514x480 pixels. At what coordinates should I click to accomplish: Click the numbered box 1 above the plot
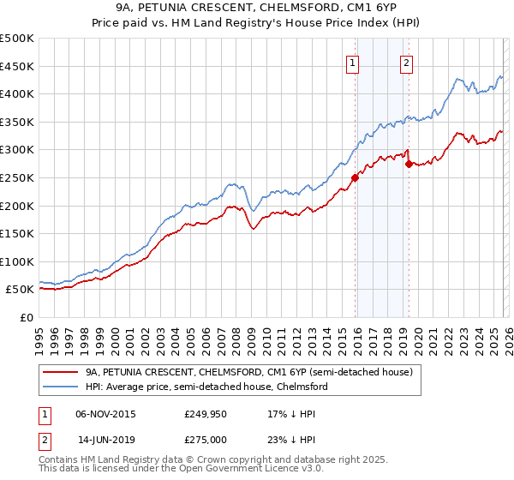[x=353, y=62]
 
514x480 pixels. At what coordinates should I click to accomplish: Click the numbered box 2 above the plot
[x=405, y=62]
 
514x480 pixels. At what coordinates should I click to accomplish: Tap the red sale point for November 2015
[x=355, y=178]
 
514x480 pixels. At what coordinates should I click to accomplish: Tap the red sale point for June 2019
[x=409, y=164]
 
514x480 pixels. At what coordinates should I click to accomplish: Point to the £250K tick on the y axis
[x=19, y=177]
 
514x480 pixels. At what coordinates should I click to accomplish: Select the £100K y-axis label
[x=19, y=261]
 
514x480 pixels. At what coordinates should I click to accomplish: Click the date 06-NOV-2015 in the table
[x=105, y=413]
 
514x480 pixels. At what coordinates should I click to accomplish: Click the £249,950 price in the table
[x=206, y=413]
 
